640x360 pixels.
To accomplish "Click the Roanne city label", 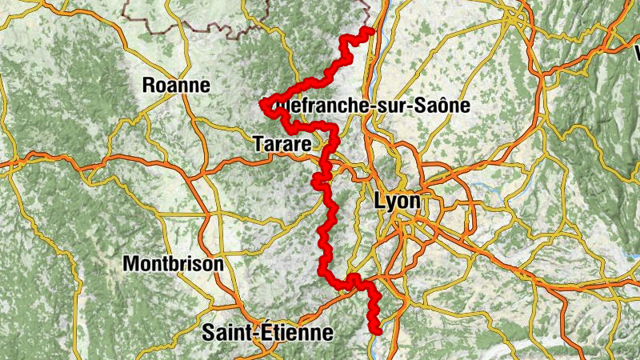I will click(x=175, y=85).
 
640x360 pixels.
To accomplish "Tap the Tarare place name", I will click(x=280, y=145).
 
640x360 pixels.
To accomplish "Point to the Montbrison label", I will click(x=174, y=263).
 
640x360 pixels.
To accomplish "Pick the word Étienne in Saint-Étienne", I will click(x=298, y=332).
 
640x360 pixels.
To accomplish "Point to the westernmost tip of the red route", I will click(x=263, y=105).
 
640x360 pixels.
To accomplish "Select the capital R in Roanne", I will click(x=148, y=85).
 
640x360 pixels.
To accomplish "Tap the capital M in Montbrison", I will click(x=131, y=263).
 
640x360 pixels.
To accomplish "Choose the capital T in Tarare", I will click(x=257, y=145).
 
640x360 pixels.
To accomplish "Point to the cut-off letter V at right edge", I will click(x=637, y=54).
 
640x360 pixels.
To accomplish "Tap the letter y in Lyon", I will click(x=391, y=203).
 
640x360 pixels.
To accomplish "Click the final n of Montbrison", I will click(x=218, y=265).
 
